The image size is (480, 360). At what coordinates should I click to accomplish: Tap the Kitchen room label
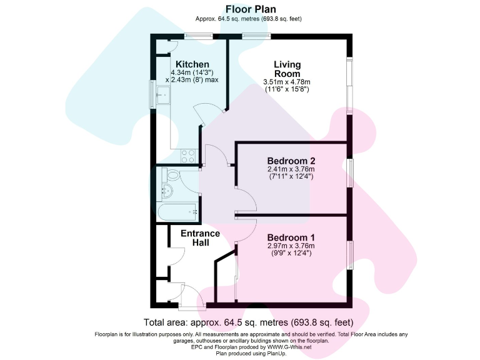pos(192,64)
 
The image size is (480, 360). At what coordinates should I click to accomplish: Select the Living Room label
pos(287,69)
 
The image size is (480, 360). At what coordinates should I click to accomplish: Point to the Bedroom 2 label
pos(291,161)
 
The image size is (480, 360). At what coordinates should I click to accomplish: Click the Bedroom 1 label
pos(291,237)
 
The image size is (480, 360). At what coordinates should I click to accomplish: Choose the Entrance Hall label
pos(200,238)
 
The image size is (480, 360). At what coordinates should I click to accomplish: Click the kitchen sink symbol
pos(164,97)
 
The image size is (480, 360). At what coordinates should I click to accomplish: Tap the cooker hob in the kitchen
pos(188,156)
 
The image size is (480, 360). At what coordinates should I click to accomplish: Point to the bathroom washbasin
pos(167,190)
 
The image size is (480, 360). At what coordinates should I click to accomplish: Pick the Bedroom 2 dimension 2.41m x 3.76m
pos(291,169)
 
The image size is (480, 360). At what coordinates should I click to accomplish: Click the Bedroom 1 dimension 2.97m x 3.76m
pos(291,246)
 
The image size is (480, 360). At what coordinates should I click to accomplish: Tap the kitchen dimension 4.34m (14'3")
pos(192,72)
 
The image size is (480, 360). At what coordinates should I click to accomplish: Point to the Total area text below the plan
pos(249,322)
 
